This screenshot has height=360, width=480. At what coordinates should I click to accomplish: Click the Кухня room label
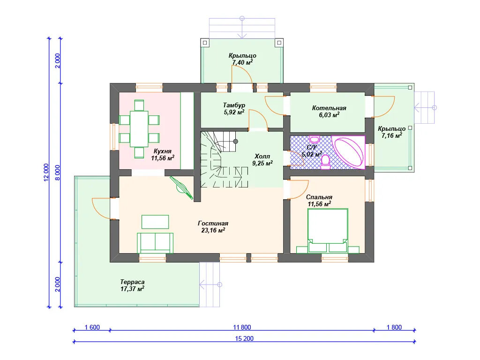tap(162, 151)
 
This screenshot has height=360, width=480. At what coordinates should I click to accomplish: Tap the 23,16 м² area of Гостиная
tap(213, 230)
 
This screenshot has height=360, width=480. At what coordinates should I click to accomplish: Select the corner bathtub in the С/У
tap(349, 152)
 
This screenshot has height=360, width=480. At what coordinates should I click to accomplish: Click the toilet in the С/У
tap(325, 162)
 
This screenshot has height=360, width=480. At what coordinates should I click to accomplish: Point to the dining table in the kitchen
tap(139, 129)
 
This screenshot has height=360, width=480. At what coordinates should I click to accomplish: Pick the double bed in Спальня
tap(328, 231)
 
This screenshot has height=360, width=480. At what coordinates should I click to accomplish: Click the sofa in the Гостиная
tap(155, 243)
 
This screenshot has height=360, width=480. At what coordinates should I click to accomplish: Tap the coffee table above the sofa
tap(155, 222)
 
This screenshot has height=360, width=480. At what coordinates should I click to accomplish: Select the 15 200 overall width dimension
tap(244, 338)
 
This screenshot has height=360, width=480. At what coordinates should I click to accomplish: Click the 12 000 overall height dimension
tap(46, 172)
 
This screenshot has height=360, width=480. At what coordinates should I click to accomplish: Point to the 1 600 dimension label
tap(92, 327)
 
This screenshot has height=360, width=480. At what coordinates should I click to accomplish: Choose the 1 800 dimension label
tap(394, 327)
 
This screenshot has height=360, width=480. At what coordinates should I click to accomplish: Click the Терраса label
tap(132, 282)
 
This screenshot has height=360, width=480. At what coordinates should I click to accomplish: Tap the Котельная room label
tap(329, 108)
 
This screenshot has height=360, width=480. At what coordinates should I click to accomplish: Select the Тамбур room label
tap(234, 105)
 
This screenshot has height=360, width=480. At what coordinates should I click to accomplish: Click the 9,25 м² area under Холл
tap(262, 163)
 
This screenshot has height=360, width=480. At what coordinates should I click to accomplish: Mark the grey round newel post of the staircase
tap(235, 142)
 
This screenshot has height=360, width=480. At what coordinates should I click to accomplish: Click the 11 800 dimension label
tap(242, 327)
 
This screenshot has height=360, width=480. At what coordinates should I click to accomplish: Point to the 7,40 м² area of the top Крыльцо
tap(242, 62)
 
